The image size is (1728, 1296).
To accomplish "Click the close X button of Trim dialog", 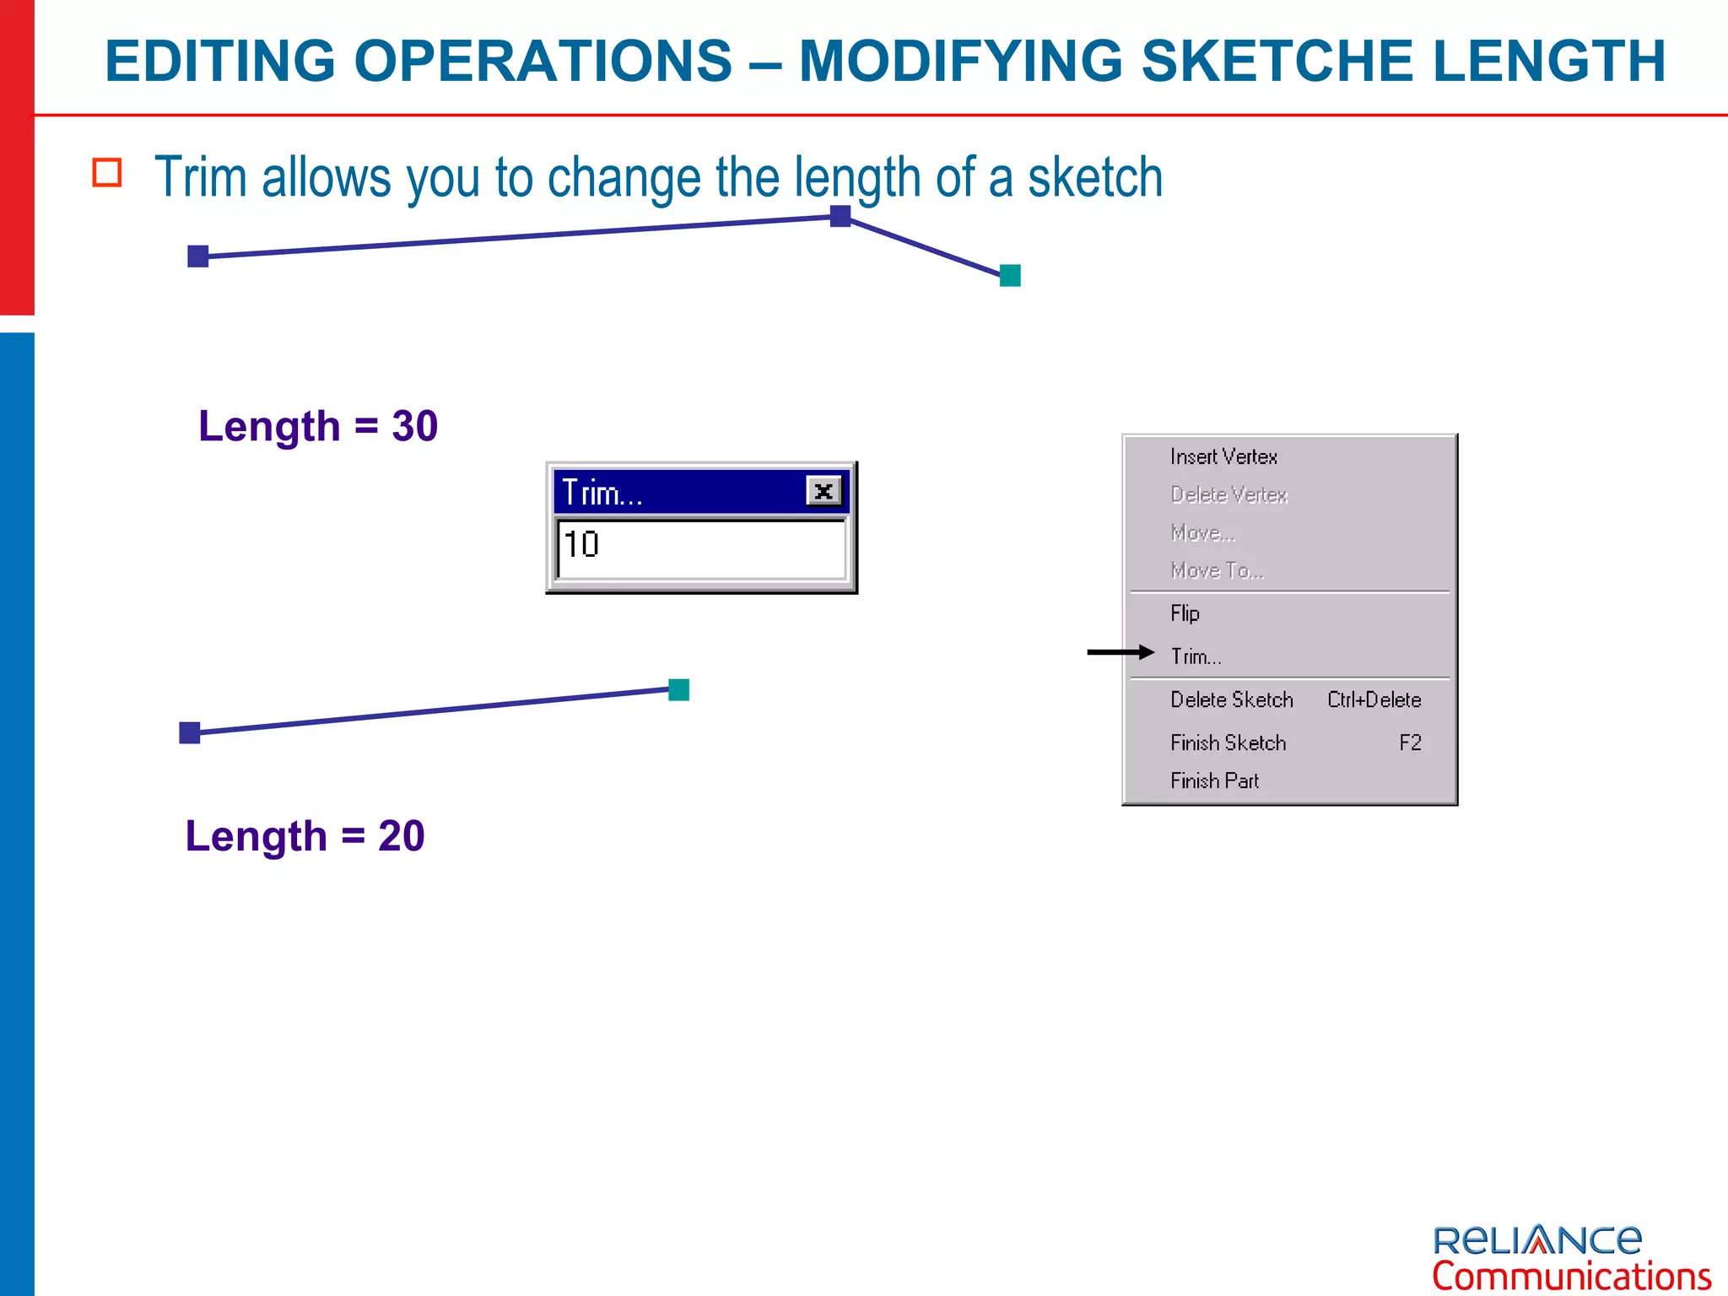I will [823, 491].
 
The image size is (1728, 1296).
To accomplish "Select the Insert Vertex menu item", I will [1223, 456].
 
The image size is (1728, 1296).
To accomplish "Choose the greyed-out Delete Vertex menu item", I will [1228, 494].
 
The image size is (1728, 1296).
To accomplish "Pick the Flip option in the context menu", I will [1185, 613].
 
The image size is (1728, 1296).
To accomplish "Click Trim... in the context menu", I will [1196, 656].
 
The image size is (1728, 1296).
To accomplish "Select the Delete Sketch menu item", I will [1231, 699].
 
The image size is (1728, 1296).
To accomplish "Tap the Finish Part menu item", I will [1214, 780].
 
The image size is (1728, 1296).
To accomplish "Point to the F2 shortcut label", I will [1410, 742].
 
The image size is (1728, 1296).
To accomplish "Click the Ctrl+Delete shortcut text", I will [1374, 699].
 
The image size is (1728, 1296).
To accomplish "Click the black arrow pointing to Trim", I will [1120, 652].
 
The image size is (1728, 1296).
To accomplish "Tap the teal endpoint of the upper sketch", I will [1010, 275].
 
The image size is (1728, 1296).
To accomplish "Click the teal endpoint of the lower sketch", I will [678, 689].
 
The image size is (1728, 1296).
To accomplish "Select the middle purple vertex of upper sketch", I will [840, 216].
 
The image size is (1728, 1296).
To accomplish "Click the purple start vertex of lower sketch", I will [190, 732].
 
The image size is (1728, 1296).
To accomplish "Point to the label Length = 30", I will [318, 426].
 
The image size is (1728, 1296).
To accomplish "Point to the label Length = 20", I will [305, 836].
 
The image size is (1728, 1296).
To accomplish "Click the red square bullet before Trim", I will [107, 173].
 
